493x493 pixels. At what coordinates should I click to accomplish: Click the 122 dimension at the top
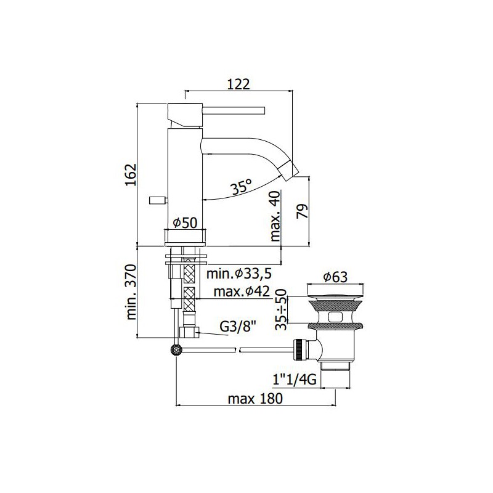point(238,84)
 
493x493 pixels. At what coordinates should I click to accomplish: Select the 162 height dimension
point(131,174)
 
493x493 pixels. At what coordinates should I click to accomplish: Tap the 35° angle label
point(241,188)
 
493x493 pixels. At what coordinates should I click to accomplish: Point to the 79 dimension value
point(302,211)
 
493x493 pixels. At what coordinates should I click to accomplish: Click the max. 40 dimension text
point(275,216)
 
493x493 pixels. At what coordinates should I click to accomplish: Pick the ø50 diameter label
point(185,223)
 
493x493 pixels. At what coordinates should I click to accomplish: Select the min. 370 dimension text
point(131,292)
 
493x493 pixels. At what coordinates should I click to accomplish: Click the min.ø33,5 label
point(239,274)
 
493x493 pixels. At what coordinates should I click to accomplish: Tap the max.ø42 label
point(242,291)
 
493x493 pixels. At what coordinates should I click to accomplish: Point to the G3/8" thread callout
point(238,327)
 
